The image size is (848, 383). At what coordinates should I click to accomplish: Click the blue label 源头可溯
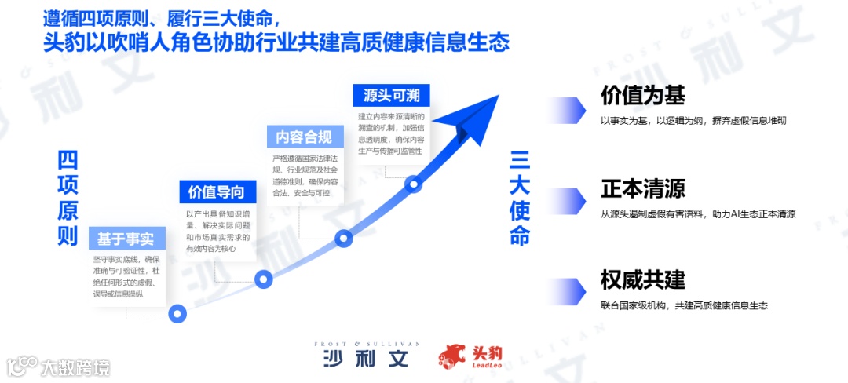pos(391,96)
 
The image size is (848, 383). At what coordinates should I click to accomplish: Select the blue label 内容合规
pos(303,137)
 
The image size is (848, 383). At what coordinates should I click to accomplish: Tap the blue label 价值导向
pos(217,192)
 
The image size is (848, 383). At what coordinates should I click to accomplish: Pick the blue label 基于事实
pos(126,238)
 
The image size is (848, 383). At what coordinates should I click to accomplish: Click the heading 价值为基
pos(643,95)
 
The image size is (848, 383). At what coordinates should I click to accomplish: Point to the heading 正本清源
pos(643,188)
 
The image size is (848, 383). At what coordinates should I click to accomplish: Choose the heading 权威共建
pos(643,279)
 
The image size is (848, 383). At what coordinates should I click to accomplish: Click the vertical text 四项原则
pos(68,199)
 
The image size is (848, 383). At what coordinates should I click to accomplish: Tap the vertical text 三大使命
pos(520,199)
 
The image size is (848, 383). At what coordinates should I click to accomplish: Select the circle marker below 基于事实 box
pos(178,314)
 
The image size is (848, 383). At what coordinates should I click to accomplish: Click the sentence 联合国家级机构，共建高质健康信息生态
pos(684,305)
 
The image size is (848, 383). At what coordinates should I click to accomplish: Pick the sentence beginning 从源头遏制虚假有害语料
pos(698,213)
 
